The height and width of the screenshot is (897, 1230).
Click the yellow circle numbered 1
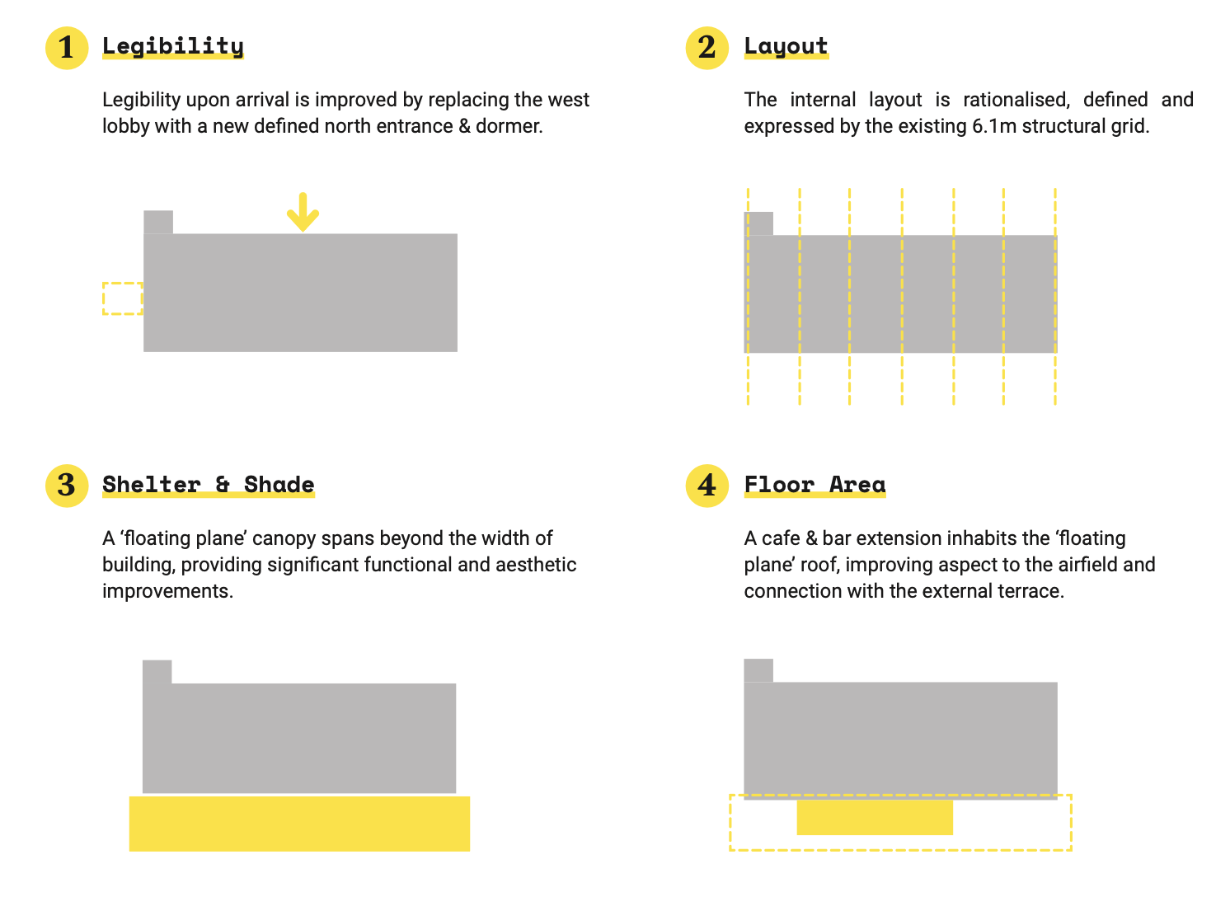pos(67,48)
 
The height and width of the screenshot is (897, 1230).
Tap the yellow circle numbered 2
pos(707,48)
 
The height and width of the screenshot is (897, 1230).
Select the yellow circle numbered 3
pos(67,486)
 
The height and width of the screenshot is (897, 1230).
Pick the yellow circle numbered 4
pos(707,486)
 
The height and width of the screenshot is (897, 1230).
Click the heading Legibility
pos(173,47)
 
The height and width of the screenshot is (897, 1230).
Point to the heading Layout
pos(786,47)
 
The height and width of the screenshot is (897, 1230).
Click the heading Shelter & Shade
pos(209,485)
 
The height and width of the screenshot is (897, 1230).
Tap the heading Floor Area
pos(815,485)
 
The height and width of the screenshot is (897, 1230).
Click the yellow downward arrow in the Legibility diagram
pos(303,212)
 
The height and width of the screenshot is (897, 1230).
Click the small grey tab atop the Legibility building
pos(158,222)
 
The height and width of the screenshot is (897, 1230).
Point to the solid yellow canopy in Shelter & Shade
pos(299,824)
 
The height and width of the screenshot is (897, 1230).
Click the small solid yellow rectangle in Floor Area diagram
pos(875,817)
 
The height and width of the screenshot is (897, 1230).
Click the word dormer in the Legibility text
pos(509,126)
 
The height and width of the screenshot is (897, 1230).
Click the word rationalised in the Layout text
pos(1016,100)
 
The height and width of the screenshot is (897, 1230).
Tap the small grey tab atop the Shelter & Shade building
pos(157,672)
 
